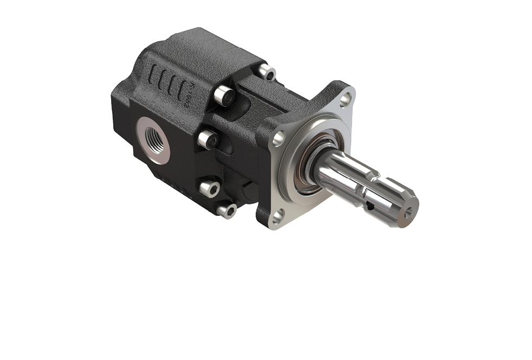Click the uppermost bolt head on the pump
point(265,72)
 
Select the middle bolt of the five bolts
point(207,140)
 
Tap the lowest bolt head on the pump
point(226,210)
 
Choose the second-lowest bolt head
point(209,188)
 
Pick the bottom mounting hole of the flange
point(277,217)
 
